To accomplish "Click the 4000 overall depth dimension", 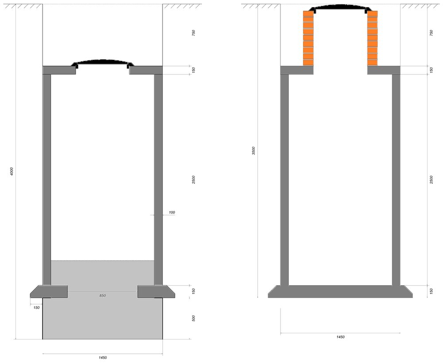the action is pos(12,171).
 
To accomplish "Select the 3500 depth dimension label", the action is pos(254,151).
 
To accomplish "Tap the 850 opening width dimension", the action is pos(103,296).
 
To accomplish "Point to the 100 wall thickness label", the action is pos(172,212).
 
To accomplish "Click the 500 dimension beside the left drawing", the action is pos(194,318).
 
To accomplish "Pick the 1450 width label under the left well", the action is pos(103,358).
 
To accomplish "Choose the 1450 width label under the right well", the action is pos(340,337).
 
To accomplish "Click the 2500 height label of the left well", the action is pos(194,180).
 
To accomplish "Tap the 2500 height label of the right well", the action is pos(431,180).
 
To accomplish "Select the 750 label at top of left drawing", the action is pos(194,33).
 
